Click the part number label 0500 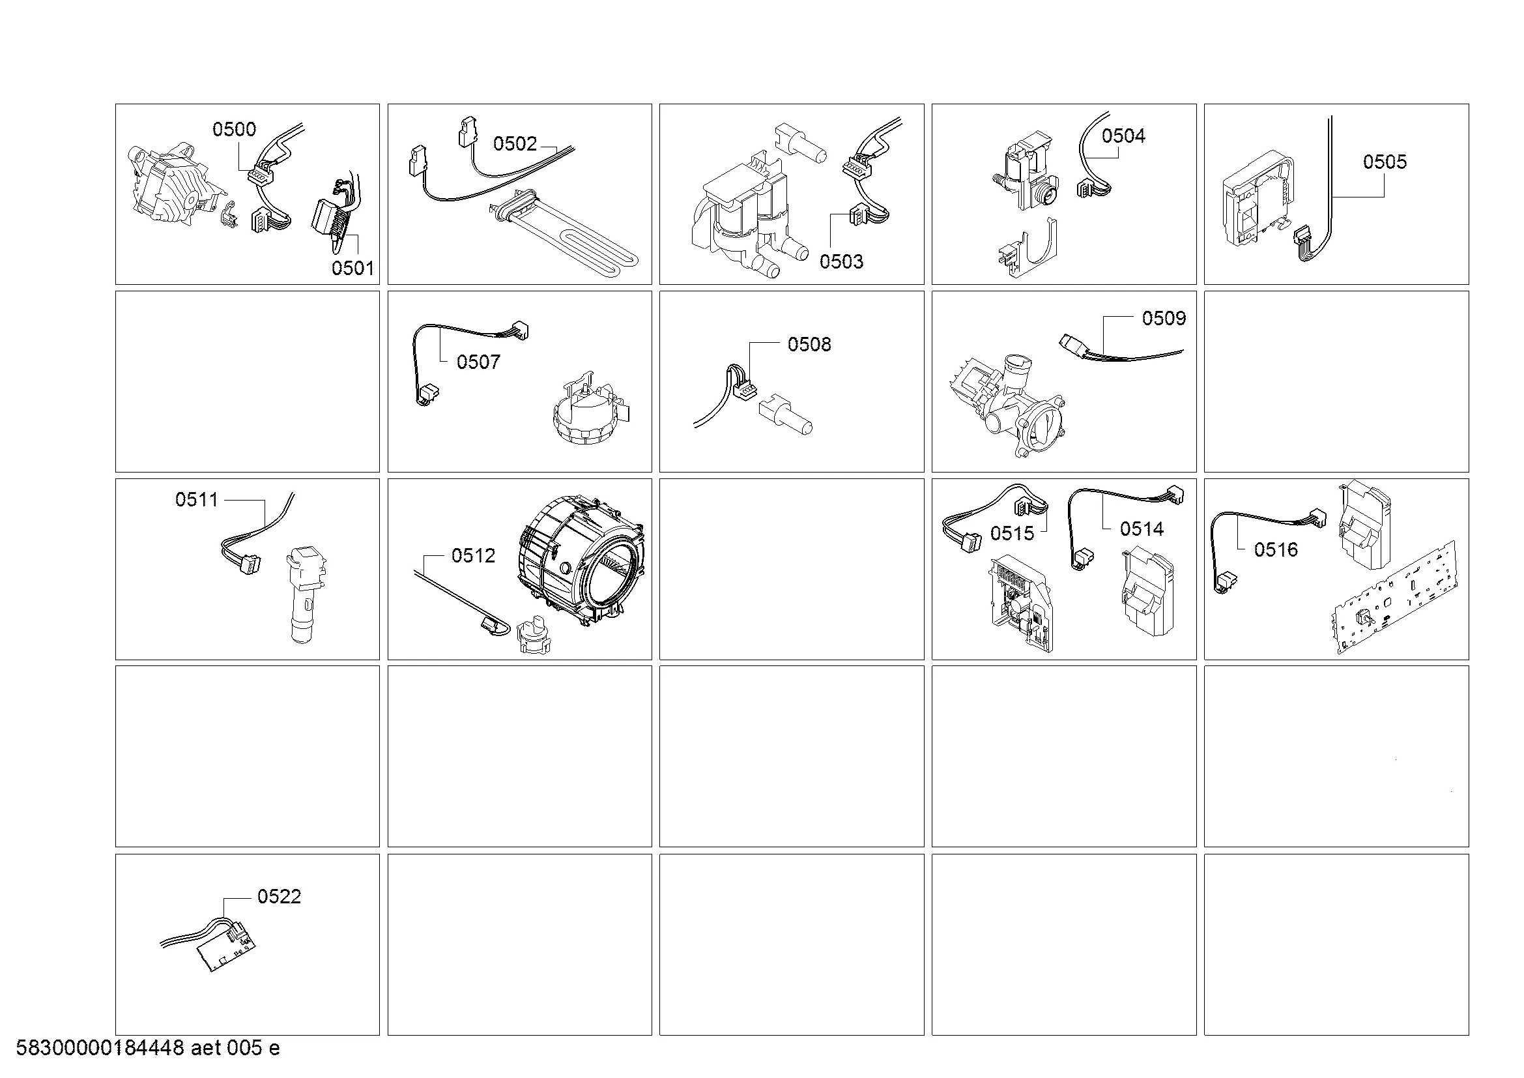(234, 129)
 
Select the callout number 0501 (352, 268)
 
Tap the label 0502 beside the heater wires (515, 144)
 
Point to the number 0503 (841, 261)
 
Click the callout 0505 (1385, 162)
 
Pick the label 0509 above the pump (1164, 319)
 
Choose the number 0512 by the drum (473, 555)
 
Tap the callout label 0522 (279, 897)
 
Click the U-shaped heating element (564, 232)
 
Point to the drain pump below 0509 (1007, 405)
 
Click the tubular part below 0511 (305, 595)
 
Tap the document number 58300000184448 (100, 1048)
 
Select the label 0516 (1276, 549)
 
